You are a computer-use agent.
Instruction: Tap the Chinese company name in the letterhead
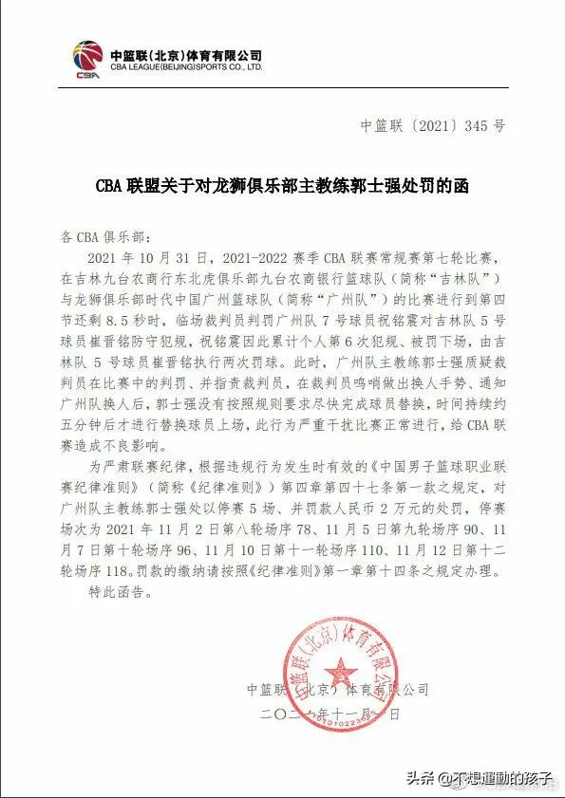(x=185, y=55)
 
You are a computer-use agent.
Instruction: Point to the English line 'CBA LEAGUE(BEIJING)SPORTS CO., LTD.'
(x=185, y=68)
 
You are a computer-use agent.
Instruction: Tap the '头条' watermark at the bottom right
(x=422, y=778)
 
